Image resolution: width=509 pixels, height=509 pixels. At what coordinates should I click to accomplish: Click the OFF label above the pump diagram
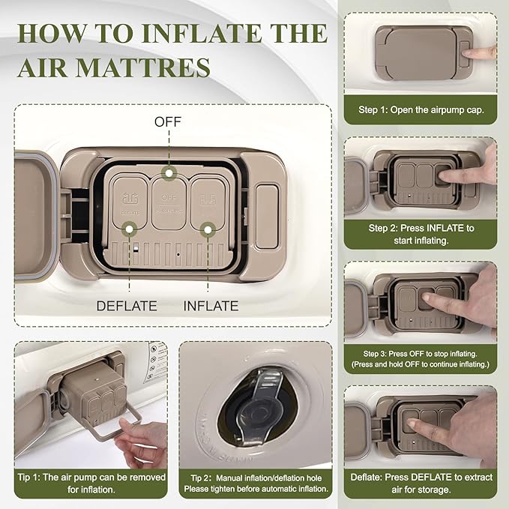[x=167, y=122]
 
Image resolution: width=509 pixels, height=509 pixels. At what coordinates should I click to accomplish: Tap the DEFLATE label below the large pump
[x=127, y=306]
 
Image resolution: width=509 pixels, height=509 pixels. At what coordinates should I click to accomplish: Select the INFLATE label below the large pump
[x=211, y=306]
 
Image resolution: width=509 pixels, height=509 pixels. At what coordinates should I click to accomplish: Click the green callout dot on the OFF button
[x=169, y=173]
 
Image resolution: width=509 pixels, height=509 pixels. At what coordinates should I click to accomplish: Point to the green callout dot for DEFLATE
[x=129, y=229]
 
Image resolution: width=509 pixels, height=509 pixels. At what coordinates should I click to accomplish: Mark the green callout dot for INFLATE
[x=208, y=230]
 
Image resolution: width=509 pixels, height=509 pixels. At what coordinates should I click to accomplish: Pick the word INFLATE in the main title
[x=202, y=33]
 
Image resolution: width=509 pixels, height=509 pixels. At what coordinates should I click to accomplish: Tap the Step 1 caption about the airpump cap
[x=421, y=109]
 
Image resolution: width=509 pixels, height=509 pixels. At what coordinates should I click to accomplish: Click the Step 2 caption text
[x=421, y=235]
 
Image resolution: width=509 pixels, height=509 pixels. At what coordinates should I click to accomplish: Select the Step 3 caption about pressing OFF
[x=420, y=359]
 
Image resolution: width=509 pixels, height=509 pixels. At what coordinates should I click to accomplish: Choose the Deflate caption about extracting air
[x=421, y=484]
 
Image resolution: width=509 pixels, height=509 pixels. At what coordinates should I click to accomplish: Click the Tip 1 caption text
[x=91, y=484]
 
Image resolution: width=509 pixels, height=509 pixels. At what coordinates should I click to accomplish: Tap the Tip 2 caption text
[x=256, y=484]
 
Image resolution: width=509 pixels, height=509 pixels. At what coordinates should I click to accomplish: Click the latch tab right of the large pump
[x=267, y=217]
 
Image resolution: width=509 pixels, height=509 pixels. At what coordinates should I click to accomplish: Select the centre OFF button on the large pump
[x=169, y=203]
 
